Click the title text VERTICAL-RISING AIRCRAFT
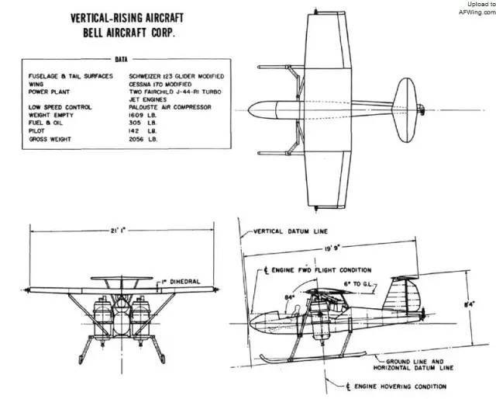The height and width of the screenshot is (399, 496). pyautogui.click(x=127, y=18)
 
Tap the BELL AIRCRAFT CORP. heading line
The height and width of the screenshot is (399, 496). pyautogui.click(x=129, y=33)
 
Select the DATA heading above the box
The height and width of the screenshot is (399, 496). pyautogui.click(x=121, y=59)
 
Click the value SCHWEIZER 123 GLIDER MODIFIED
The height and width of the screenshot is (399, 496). pyautogui.click(x=176, y=76)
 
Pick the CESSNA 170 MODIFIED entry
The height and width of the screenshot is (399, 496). pyautogui.click(x=160, y=85)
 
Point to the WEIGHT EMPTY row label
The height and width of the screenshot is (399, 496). pyautogui.click(x=50, y=116)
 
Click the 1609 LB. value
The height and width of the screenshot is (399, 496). pyautogui.click(x=143, y=116)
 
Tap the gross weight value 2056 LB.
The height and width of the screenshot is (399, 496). pyautogui.click(x=143, y=139)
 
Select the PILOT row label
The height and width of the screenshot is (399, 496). pyautogui.click(x=36, y=131)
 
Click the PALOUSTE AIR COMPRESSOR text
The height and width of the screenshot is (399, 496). pyautogui.click(x=170, y=107)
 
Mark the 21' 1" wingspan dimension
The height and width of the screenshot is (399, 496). pyautogui.click(x=118, y=231)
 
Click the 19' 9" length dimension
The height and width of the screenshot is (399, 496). pyautogui.click(x=331, y=248)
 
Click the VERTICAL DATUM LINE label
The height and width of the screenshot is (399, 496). pyautogui.click(x=291, y=231)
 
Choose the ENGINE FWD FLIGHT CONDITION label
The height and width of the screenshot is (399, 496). pyautogui.click(x=317, y=270)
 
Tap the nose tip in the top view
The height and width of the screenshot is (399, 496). pyautogui.click(x=248, y=110)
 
